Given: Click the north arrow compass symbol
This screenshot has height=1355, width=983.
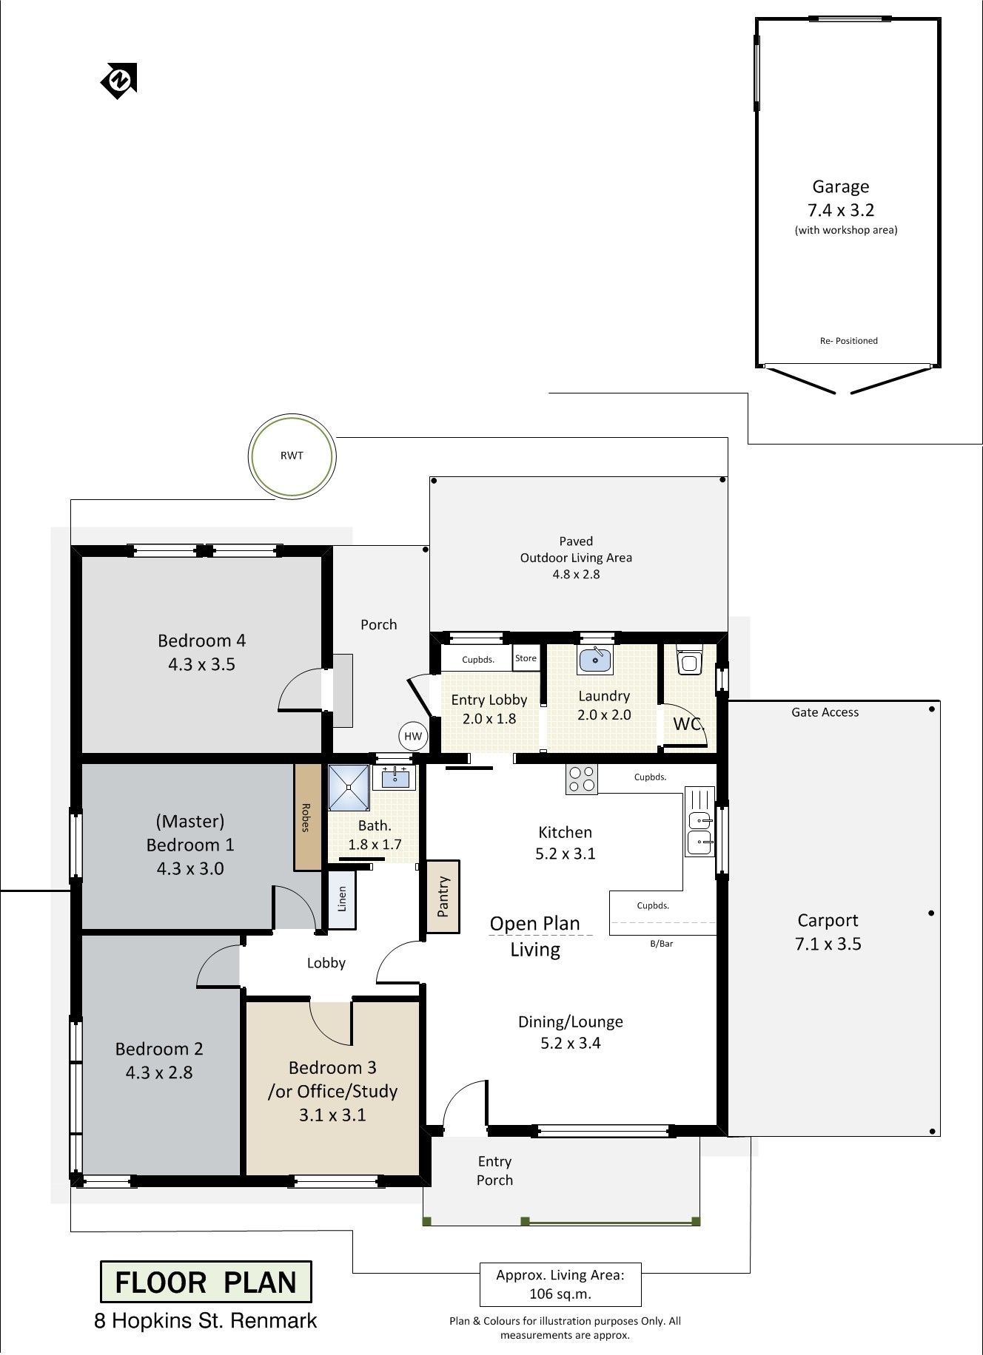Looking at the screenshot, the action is click(x=118, y=80).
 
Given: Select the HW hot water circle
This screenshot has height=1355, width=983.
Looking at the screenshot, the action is click(x=413, y=736).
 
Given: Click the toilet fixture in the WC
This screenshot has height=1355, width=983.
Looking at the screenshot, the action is click(x=689, y=660).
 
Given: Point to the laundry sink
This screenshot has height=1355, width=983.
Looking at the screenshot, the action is click(x=595, y=660).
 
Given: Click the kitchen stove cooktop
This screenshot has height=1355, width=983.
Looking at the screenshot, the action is click(x=582, y=780).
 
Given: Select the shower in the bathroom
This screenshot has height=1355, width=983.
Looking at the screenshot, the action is click(x=349, y=787).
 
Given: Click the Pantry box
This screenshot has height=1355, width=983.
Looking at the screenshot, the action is click(x=443, y=896).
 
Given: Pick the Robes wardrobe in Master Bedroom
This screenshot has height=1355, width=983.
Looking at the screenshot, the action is click(x=306, y=817).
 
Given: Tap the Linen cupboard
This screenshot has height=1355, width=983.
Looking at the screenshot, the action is click(x=342, y=899).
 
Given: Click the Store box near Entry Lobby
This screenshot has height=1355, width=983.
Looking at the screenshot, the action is click(x=526, y=658).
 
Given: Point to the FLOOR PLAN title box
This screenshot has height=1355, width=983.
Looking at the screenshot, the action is click(x=206, y=1282).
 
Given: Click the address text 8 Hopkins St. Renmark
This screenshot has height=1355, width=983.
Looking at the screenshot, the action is click(x=206, y=1321).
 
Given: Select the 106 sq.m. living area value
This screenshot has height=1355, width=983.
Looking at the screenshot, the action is click(x=560, y=1294).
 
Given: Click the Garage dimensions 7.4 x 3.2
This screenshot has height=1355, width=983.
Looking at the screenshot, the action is click(x=841, y=210).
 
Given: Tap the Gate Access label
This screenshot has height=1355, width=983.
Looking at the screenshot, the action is click(x=825, y=712).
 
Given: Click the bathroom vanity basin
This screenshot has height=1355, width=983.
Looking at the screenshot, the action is click(x=395, y=777).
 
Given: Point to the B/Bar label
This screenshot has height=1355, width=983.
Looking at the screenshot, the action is click(x=662, y=944).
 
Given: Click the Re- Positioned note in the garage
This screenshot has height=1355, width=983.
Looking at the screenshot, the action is click(x=849, y=341).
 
